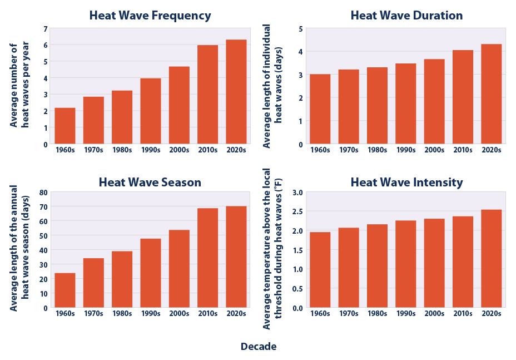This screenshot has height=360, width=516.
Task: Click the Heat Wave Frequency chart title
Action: point(150,16)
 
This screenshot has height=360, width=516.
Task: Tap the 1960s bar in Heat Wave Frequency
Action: point(65,126)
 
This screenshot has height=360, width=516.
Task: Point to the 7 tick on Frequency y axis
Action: point(46,28)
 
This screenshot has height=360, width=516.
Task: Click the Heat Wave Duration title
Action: point(406,16)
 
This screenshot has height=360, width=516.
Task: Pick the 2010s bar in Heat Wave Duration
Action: point(463,97)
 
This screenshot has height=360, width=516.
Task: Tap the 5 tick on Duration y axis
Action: point(301,28)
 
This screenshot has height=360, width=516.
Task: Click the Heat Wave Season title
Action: point(150,183)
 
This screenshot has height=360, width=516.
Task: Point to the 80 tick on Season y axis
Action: point(43,193)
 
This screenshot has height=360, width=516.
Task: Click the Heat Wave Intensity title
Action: point(406,183)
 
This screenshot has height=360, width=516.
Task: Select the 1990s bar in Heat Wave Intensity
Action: point(405,264)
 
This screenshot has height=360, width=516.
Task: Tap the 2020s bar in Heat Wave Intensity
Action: point(492,259)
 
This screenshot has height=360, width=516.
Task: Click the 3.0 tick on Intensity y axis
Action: point(297,193)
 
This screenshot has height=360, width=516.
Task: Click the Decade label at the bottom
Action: point(258,347)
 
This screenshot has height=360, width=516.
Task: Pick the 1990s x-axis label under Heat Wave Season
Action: point(151,313)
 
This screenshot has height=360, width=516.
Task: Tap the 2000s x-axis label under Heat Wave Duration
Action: point(434,150)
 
